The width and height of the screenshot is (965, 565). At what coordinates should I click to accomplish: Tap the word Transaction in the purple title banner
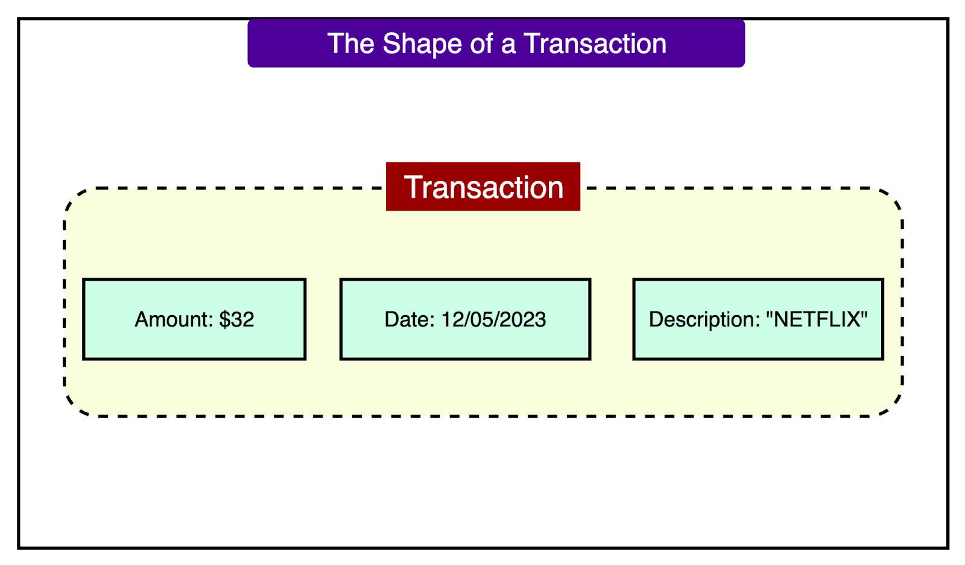595,44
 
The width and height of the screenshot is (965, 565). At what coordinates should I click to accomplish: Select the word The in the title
350,44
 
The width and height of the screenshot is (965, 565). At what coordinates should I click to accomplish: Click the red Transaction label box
483,187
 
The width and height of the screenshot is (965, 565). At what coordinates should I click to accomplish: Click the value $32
236,319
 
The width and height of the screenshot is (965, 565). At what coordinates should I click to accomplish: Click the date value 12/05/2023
493,319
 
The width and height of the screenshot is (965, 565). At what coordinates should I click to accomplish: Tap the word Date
407,319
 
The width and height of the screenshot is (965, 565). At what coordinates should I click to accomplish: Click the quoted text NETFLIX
817,319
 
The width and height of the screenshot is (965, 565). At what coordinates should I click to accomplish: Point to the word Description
701,319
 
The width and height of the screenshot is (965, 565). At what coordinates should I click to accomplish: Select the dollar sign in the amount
224,319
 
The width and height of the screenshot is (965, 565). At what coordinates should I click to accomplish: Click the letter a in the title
508,45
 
